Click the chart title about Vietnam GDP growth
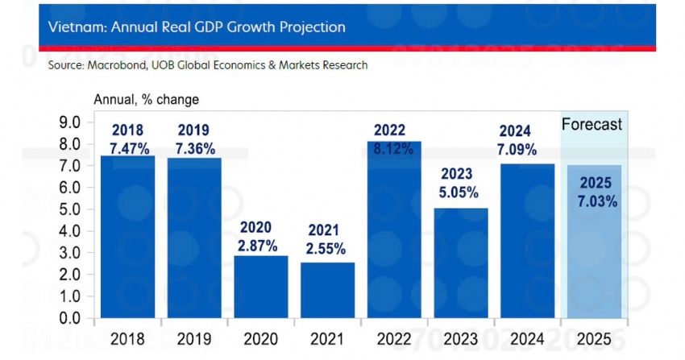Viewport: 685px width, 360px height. point(197,27)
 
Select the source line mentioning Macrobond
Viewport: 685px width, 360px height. point(208,64)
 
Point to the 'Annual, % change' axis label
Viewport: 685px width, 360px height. point(146,100)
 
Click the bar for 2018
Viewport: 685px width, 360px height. point(127,242)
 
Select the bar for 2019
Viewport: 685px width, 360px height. point(194,242)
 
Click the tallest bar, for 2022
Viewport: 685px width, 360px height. point(394,234)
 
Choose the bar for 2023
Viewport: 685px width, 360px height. point(460,266)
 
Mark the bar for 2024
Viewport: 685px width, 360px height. point(527,242)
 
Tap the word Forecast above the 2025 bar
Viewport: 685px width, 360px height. point(592,124)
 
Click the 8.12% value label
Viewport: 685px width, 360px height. point(394,149)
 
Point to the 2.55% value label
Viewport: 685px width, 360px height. point(327,248)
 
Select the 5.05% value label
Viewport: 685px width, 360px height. point(460,192)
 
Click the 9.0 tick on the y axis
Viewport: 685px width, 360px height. point(71,122)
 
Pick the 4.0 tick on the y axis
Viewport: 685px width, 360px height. point(71,231)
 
